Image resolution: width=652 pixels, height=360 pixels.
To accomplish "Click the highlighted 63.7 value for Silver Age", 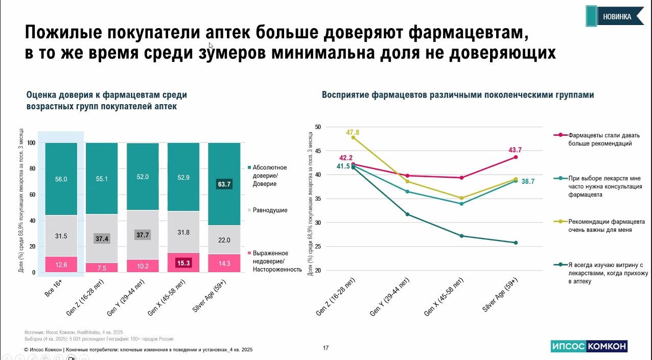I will (x=223, y=184).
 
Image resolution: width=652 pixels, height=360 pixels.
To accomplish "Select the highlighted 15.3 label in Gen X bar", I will (x=183, y=262).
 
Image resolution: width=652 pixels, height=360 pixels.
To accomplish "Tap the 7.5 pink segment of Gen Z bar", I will (x=102, y=268).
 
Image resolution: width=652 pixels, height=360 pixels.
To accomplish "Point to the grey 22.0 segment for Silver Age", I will (x=223, y=240).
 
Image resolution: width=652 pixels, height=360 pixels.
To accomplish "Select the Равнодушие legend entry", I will (x=269, y=210).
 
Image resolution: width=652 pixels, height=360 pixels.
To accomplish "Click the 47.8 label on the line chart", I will (x=353, y=133).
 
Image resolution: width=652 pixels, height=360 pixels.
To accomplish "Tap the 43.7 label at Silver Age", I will (x=515, y=150).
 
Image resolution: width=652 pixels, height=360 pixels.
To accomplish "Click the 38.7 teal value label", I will (x=527, y=181).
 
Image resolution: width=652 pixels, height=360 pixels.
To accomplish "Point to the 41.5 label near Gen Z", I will (x=343, y=166).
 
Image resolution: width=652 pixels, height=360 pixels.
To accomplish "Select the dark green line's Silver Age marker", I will (x=516, y=243).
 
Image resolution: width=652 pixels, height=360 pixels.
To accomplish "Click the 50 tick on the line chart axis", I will (x=317, y=127).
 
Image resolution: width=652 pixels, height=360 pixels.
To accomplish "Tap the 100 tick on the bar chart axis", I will (x=32, y=143).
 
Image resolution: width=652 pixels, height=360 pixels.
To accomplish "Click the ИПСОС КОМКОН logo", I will (x=589, y=346).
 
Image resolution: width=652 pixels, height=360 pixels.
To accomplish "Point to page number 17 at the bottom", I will (x=326, y=348).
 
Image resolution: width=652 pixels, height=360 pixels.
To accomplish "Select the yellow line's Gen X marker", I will (x=461, y=198).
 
